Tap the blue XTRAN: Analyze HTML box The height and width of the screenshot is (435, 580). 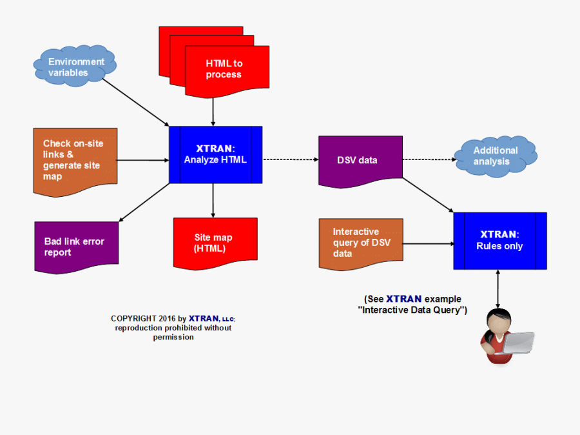(215, 154)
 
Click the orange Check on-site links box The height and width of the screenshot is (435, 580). (75, 159)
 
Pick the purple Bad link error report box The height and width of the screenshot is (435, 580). (76, 247)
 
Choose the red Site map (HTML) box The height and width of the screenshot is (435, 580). (215, 242)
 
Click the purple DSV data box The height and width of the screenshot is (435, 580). (360, 160)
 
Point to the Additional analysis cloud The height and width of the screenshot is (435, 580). (495, 156)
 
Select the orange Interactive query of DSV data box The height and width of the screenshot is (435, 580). (360, 243)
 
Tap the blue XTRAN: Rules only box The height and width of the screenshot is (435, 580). (499, 241)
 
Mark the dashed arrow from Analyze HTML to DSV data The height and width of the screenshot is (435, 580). (290, 159)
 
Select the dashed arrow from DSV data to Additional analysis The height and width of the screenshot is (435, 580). (429, 159)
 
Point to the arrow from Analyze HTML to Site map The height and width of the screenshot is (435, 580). (213, 199)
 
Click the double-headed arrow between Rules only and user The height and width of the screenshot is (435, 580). (498, 288)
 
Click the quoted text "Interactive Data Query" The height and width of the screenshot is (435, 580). (412, 310)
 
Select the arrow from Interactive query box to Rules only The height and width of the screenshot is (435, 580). (428, 243)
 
